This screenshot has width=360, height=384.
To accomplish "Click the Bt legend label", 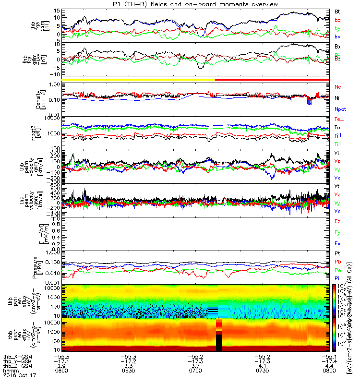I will point(338,11).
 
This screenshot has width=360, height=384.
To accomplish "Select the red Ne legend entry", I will point(338,86).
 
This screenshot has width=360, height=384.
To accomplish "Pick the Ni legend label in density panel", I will point(337,97).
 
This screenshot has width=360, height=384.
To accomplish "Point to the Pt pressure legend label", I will point(337,253).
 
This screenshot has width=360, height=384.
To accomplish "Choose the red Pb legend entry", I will point(337,261).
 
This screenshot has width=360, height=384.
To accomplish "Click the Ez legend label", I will point(338,221).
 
